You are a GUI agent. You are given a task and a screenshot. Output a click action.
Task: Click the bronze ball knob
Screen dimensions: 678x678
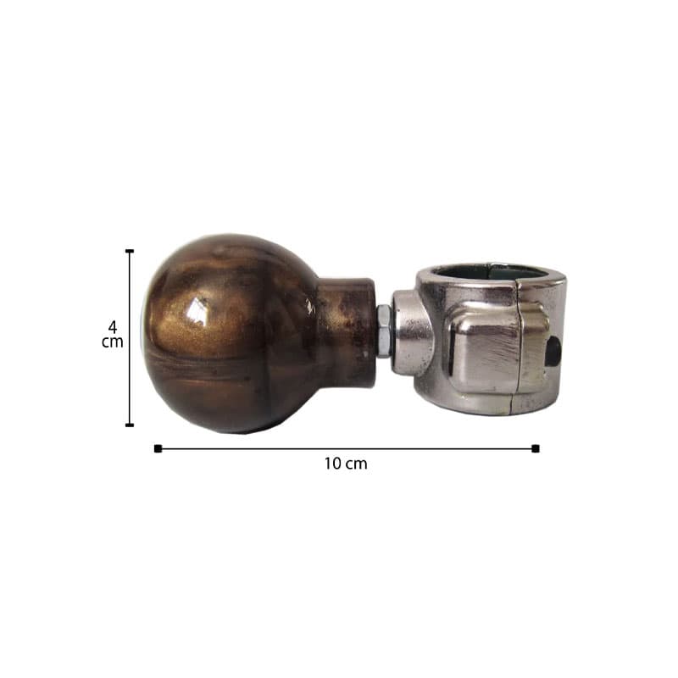tap(229, 334)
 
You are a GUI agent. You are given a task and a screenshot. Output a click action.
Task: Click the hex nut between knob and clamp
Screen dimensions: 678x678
tap(384, 331)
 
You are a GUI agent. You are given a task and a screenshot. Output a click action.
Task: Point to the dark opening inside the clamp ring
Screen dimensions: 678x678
tap(493, 270)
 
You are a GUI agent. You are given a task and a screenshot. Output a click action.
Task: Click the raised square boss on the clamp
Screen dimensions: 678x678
tap(497, 348)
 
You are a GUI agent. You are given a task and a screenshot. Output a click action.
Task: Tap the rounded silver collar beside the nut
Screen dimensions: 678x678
tap(412, 333)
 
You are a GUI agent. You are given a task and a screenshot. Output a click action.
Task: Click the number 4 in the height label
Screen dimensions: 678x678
tap(113, 326)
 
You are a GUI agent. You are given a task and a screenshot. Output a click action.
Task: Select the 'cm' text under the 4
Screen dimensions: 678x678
tap(113, 342)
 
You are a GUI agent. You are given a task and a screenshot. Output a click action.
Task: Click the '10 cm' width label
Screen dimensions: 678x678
tap(346, 464)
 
